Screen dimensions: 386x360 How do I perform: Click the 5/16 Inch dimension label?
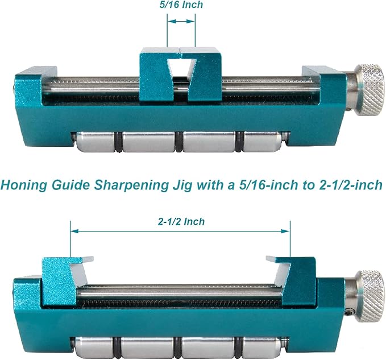[181, 5]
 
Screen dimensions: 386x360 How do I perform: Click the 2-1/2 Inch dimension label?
[181, 222]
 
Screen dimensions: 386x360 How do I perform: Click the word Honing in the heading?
[24, 185]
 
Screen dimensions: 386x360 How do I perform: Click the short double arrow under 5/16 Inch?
[181, 22]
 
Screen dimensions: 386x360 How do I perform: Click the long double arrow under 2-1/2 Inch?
[180, 231]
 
